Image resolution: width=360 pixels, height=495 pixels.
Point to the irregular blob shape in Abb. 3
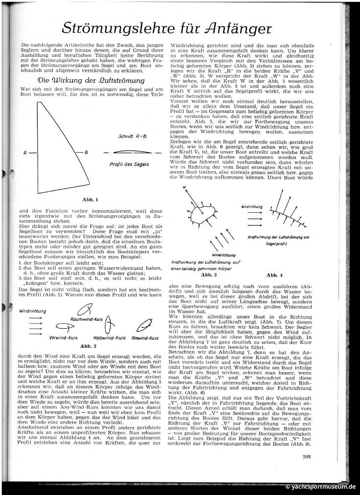point(202,213)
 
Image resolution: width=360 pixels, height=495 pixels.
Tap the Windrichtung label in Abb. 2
point(33,311)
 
